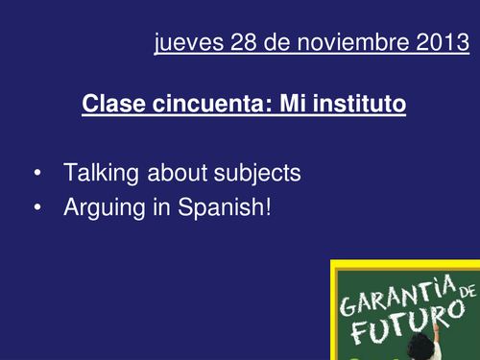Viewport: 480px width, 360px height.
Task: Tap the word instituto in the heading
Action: click(356, 102)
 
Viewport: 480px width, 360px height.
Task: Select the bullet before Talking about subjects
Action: click(36, 175)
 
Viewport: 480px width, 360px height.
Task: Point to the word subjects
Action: click(258, 174)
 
